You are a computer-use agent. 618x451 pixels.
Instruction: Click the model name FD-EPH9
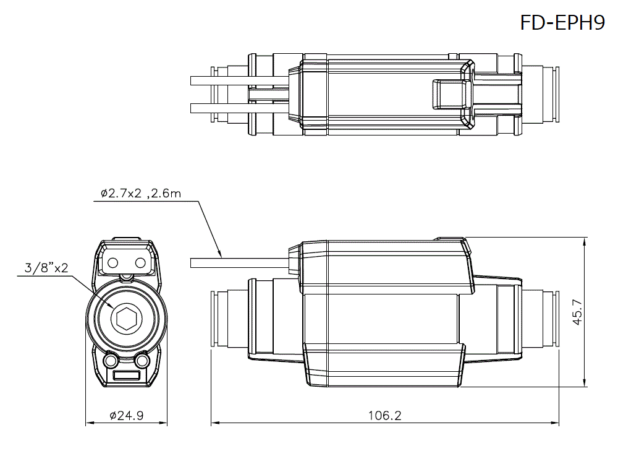562,23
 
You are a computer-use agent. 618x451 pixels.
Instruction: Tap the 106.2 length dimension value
384,416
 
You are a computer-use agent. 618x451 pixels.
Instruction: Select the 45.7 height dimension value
577,312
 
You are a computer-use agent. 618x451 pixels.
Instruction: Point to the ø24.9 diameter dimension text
126,416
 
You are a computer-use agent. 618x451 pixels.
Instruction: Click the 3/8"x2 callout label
46,268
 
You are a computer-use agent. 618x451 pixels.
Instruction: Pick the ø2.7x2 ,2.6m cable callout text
141,194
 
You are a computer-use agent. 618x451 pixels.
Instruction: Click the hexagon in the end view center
127,319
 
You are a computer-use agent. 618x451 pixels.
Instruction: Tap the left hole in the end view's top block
113,263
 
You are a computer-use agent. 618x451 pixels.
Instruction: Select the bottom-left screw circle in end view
111,360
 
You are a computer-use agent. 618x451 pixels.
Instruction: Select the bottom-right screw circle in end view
143,360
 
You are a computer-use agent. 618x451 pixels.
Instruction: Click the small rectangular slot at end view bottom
127,376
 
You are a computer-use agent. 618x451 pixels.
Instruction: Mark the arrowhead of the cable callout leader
219,253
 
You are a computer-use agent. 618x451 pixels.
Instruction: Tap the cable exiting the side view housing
238,263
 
